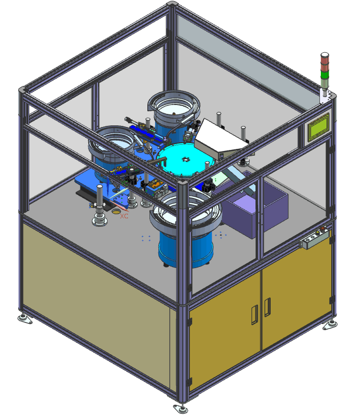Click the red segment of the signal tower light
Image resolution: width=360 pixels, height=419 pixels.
coord(324,61)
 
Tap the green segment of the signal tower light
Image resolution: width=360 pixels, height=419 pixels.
coord(325,75)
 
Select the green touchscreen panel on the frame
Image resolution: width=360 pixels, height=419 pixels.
coord(318,127)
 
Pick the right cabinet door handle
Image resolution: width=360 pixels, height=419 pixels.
coord(268,307)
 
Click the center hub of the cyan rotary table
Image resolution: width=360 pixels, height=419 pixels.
coord(185,159)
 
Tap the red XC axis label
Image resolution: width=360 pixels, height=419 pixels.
coord(124,216)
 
